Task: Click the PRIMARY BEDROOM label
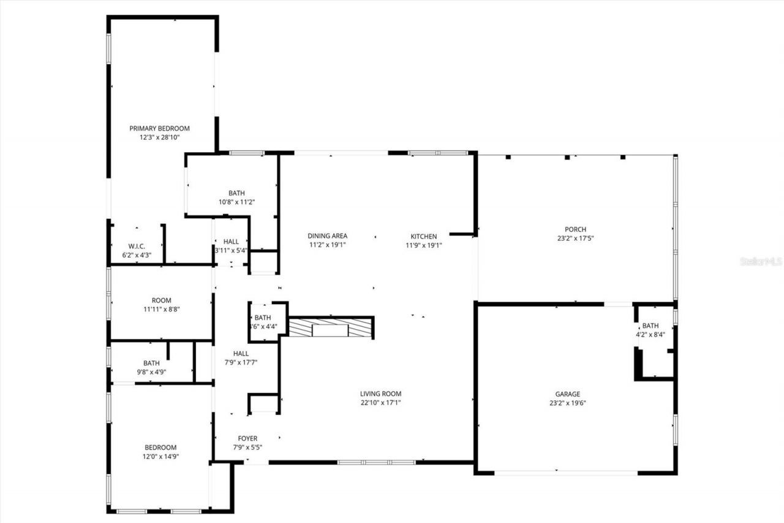(x=159, y=129)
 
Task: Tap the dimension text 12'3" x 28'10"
(x=159, y=138)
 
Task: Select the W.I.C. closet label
(x=136, y=246)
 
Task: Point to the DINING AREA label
(x=327, y=236)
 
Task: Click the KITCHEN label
(x=423, y=236)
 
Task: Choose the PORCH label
(x=575, y=230)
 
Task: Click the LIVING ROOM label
(x=380, y=394)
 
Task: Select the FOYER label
(x=247, y=438)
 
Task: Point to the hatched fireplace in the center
(x=331, y=328)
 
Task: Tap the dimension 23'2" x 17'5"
(x=575, y=239)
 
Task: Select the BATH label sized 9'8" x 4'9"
(x=151, y=363)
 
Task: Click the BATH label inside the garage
(x=650, y=326)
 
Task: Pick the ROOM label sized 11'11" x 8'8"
(x=161, y=300)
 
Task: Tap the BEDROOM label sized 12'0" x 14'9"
(x=160, y=448)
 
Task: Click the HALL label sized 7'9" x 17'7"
(x=241, y=353)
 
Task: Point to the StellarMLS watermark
(x=761, y=261)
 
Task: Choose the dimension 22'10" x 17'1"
(x=380, y=403)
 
